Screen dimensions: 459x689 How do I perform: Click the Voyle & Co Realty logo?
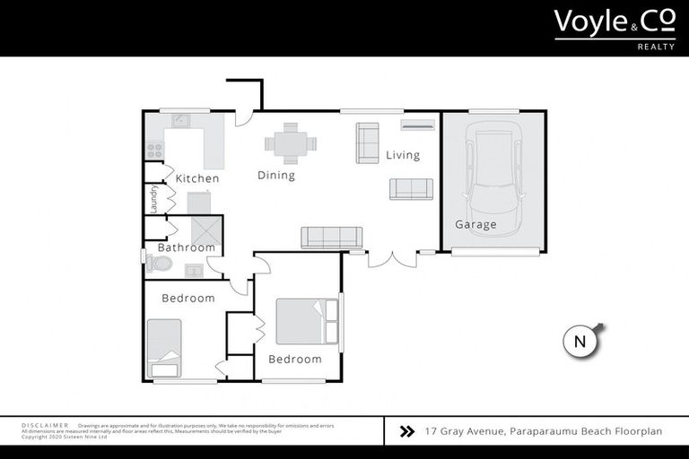[614, 28]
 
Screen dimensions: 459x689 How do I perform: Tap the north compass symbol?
[580, 341]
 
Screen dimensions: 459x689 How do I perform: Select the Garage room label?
[475, 224]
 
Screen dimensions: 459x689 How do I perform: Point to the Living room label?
[403, 155]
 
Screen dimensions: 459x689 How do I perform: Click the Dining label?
[276, 175]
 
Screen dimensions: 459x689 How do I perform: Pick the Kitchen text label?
[197, 178]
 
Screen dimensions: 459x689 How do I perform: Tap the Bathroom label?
[187, 247]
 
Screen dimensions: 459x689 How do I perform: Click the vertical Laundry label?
[153, 199]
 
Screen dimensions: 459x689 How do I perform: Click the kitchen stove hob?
[154, 151]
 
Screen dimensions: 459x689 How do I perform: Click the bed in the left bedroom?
[164, 347]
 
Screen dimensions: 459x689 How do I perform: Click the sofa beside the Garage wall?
[411, 188]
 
